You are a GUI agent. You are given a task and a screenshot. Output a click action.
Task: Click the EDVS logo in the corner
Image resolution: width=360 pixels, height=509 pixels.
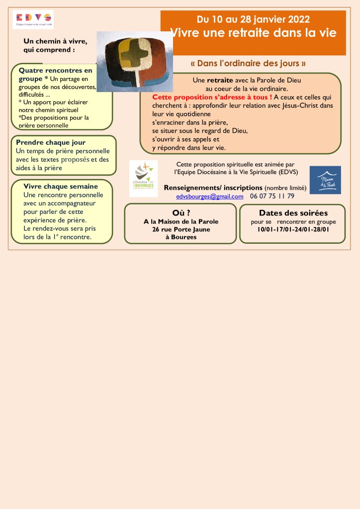tap(33, 19)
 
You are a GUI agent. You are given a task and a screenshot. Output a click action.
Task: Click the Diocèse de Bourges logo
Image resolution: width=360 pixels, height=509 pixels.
tap(143, 178)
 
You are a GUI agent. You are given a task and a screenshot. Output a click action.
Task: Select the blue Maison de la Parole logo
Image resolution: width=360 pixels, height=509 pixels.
tap(325, 180)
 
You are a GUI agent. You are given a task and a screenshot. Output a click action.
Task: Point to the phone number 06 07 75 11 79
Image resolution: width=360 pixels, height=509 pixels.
tap(272, 196)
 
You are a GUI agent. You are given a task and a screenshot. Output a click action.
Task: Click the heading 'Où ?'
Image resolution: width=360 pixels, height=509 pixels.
tap(181, 213)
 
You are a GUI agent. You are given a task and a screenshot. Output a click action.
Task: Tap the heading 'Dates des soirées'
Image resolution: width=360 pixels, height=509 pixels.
tap(293, 213)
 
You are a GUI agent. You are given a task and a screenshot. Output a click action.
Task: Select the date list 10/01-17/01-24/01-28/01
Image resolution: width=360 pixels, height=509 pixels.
tap(293, 230)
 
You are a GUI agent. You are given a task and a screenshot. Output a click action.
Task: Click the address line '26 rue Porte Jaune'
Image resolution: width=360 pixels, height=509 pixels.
tap(181, 229)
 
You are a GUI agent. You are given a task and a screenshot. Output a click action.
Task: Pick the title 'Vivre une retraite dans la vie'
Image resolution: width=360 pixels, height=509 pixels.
tap(253, 33)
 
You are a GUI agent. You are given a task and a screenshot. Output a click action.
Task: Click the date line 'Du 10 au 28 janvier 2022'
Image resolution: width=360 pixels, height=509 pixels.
tap(253, 19)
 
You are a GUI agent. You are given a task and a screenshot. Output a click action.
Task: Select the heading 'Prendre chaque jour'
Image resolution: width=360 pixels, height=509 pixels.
tap(51, 142)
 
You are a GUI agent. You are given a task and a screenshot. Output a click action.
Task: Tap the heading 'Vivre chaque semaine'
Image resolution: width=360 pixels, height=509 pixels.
tap(61, 186)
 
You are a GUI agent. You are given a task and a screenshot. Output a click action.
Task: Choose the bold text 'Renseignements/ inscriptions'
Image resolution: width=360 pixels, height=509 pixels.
tap(213, 188)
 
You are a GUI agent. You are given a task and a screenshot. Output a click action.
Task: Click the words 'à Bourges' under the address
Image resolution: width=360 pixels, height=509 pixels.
tap(181, 237)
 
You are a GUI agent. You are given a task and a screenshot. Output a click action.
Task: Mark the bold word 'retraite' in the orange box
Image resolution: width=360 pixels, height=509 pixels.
tap(220, 80)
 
